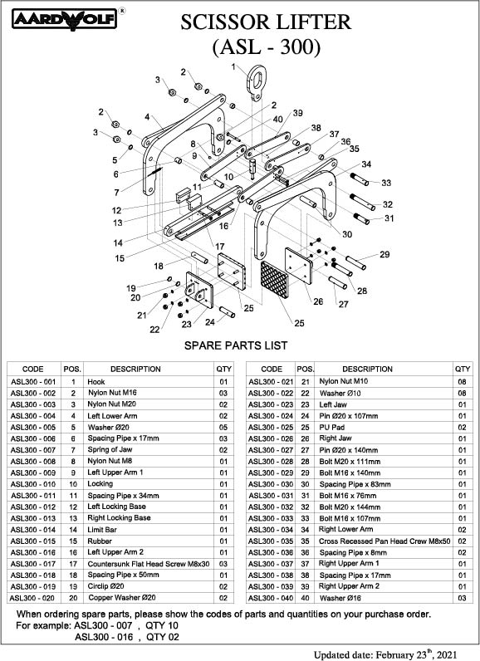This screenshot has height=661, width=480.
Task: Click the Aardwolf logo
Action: click(x=65, y=19)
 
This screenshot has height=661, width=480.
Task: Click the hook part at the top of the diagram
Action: click(x=257, y=83)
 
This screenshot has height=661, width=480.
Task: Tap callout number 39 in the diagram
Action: click(x=298, y=113)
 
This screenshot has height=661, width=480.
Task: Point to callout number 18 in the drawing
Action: click(x=159, y=266)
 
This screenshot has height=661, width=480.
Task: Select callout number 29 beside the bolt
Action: click(x=384, y=254)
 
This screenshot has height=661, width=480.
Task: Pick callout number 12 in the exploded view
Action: click(x=117, y=210)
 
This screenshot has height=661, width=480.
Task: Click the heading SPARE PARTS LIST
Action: click(x=236, y=345)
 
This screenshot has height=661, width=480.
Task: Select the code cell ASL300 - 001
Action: click(x=33, y=382)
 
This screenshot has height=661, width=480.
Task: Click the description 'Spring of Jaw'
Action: click(x=110, y=450)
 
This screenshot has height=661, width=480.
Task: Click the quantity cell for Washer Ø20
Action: click(x=223, y=427)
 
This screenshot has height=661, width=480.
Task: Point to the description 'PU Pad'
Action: click(x=331, y=427)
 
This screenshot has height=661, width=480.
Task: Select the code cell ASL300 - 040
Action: click(x=271, y=598)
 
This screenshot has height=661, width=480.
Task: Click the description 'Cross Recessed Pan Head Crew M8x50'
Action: click(x=384, y=541)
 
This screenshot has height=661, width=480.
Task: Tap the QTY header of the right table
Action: click(x=463, y=369)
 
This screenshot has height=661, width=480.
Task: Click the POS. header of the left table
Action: click(x=72, y=370)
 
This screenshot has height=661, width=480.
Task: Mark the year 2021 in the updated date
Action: click(x=447, y=655)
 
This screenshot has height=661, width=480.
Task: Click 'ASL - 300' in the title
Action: click(x=267, y=47)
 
